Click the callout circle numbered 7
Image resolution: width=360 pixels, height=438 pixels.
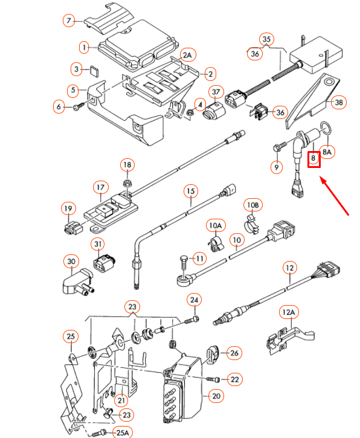69,21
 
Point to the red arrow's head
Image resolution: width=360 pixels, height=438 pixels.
322,179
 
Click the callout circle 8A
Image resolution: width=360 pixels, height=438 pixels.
327,153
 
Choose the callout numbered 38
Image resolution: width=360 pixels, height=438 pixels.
339,103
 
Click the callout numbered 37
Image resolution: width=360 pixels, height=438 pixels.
216,92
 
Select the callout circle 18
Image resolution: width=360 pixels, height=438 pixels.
127,164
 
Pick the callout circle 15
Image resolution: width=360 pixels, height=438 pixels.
190,192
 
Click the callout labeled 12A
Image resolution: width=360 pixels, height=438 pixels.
289,312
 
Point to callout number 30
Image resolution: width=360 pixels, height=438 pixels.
71,262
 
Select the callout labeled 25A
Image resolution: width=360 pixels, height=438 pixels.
123,432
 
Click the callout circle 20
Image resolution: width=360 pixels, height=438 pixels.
215,396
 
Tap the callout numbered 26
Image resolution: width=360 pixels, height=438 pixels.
234,353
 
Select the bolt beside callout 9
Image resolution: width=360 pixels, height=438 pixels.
278,146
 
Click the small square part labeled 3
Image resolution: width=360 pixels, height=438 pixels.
94,69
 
